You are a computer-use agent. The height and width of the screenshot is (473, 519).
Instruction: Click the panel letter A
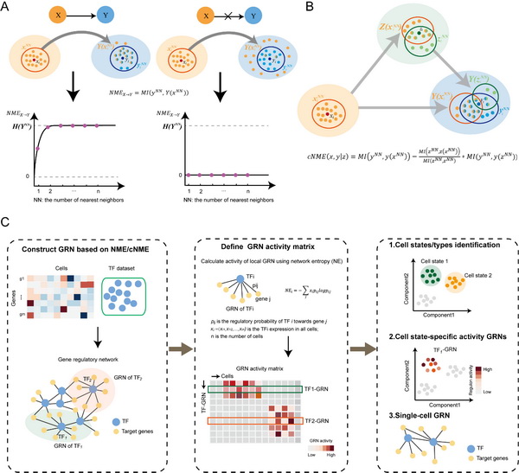pos(7,9)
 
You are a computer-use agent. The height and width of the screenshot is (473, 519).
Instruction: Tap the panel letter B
pos(275,9)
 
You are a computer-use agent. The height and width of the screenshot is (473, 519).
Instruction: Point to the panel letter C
pos(7,223)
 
